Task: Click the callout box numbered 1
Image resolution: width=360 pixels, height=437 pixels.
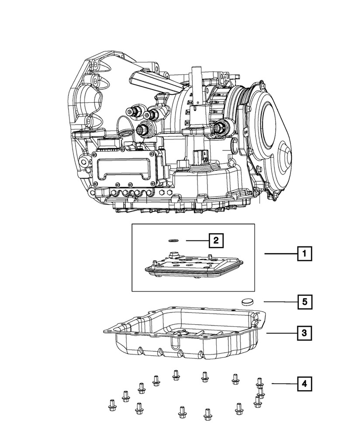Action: [305, 253]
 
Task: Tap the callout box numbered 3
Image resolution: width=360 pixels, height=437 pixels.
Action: [305, 334]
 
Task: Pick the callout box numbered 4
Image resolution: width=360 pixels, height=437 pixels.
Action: [305, 384]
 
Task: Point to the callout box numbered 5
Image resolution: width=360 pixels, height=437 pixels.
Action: [305, 301]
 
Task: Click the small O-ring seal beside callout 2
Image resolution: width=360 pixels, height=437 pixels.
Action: [173, 239]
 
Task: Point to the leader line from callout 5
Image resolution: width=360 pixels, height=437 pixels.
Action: [280, 301]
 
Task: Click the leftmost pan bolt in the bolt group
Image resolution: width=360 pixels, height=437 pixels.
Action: [111, 406]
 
